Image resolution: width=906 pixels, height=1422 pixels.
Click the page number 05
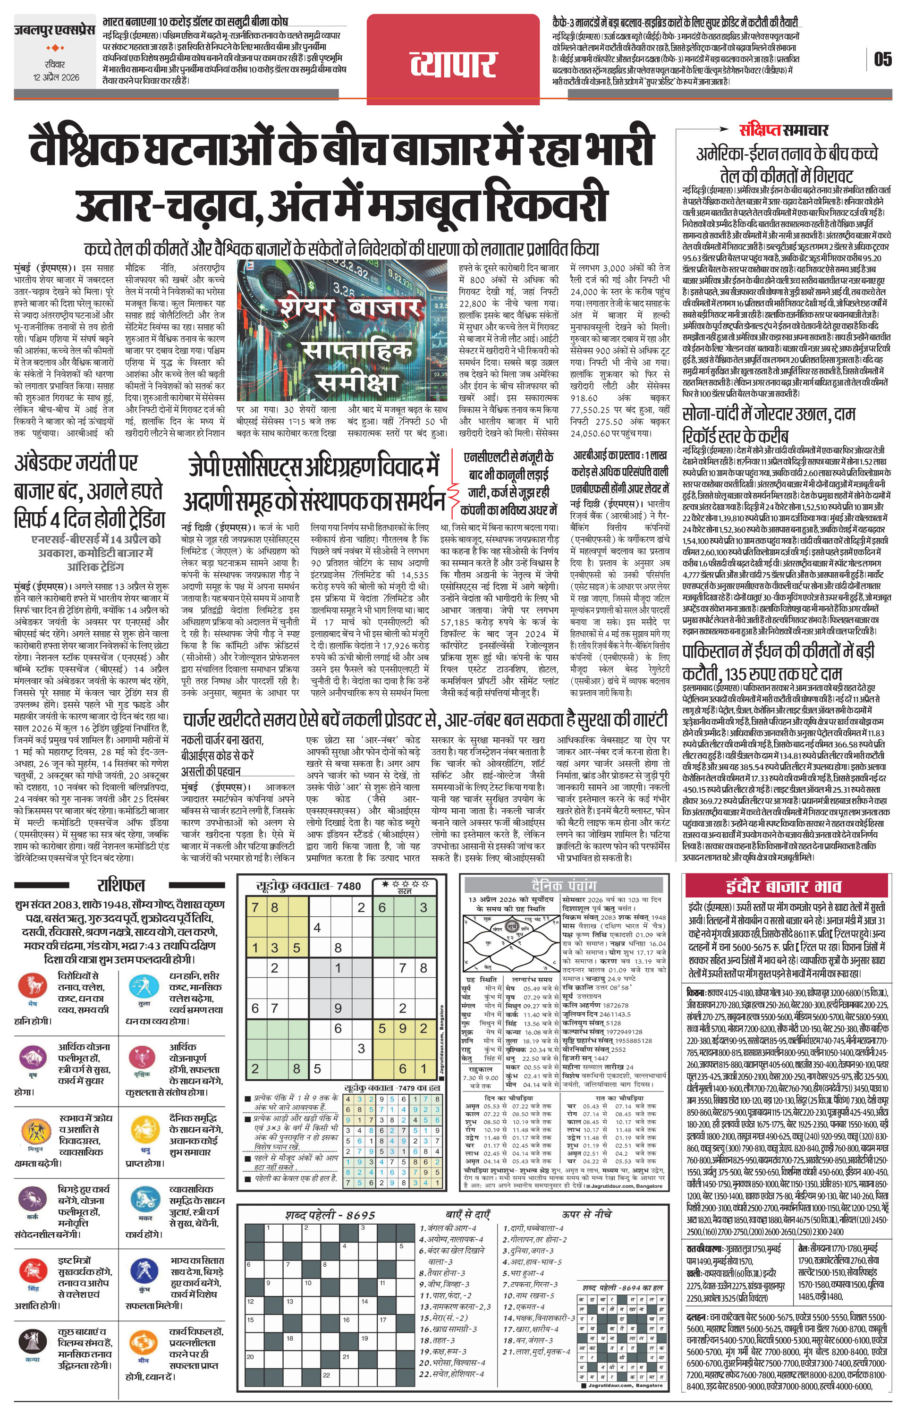point(883,59)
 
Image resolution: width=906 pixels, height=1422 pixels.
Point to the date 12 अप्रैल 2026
point(56,77)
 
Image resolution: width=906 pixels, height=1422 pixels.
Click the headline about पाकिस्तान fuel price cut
point(778,662)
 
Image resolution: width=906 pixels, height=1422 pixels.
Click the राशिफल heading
point(120,885)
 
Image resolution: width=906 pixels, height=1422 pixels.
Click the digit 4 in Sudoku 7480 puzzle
point(317,928)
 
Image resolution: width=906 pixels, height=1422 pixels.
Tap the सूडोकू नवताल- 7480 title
point(308,886)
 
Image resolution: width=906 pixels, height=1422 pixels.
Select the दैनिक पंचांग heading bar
point(563,885)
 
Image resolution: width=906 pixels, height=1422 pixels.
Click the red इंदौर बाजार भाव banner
point(787,886)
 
